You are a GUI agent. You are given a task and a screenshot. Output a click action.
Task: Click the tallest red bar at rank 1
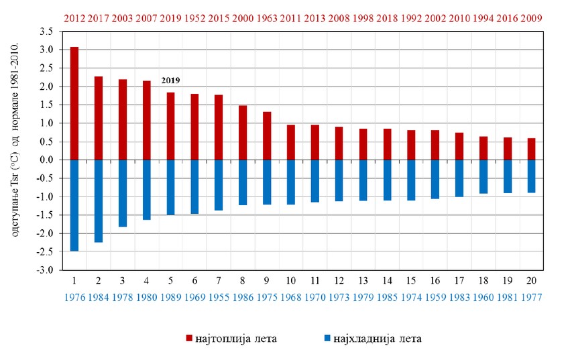(x=74, y=103)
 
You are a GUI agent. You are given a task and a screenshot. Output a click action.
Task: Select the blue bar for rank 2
(x=98, y=200)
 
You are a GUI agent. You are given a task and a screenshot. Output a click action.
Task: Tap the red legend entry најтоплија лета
(x=232, y=339)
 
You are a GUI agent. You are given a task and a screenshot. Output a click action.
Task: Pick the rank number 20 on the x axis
(x=531, y=280)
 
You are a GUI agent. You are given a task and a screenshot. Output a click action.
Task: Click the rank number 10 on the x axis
(x=290, y=280)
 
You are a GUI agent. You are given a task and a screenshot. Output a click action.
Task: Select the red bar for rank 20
(x=531, y=149)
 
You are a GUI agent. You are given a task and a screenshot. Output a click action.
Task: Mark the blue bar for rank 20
(x=531, y=176)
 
